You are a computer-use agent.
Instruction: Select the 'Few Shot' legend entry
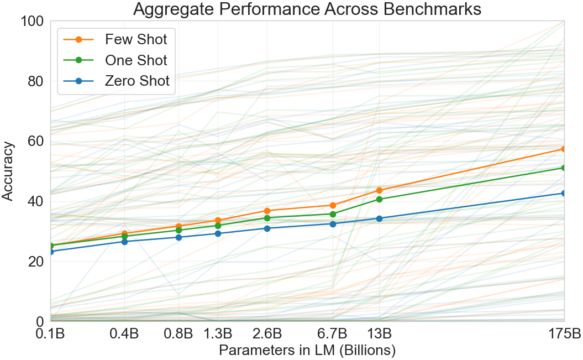click(136, 39)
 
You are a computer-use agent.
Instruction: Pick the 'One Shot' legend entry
click(136, 60)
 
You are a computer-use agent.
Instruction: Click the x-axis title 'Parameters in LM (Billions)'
click(307, 351)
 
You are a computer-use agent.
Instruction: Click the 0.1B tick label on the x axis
click(50, 334)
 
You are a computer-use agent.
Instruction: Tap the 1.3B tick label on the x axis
click(218, 334)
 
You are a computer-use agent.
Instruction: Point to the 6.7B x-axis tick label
click(333, 334)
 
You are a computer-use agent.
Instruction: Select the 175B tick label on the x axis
click(564, 334)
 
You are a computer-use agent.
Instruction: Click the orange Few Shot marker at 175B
click(564, 149)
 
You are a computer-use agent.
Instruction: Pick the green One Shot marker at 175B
click(564, 168)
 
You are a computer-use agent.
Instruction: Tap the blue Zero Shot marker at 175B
click(564, 193)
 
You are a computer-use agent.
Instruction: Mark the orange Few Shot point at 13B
click(380, 190)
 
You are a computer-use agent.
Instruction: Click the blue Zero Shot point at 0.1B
click(50, 252)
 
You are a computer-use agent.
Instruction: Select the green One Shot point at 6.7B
click(333, 214)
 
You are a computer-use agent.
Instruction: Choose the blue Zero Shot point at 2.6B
click(267, 228)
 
